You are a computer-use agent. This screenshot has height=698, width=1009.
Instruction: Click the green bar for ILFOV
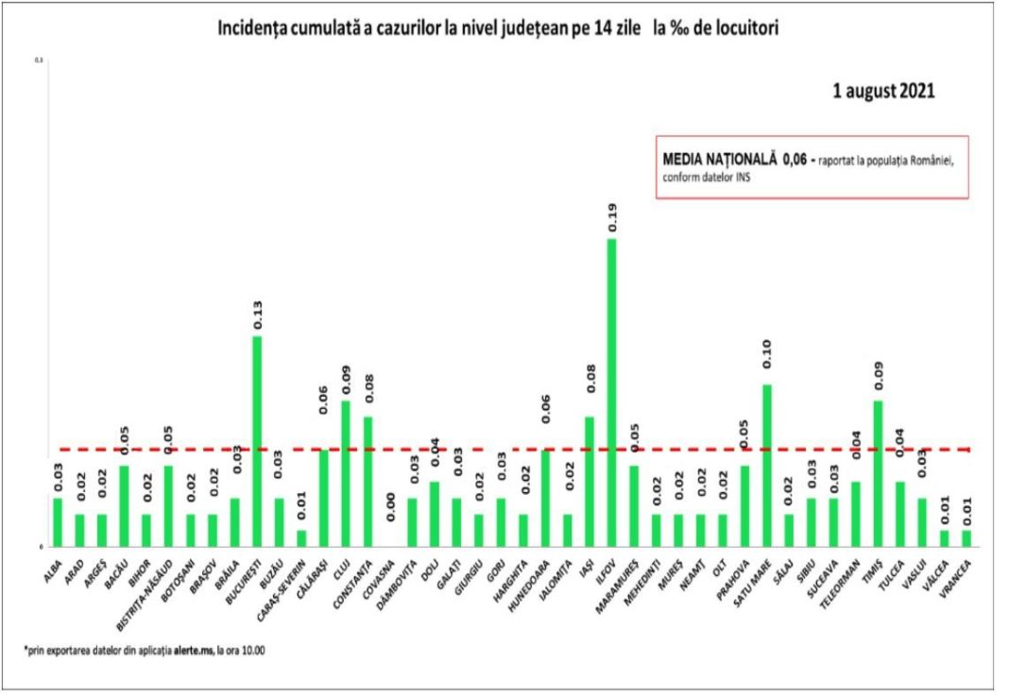click(x=612, y=392)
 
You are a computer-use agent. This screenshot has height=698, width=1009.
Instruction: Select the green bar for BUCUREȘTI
click(x=256, y=441)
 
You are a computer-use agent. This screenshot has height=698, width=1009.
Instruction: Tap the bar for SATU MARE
click(x=767, y=465)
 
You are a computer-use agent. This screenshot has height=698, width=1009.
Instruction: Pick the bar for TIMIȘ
click(x=878, y=473)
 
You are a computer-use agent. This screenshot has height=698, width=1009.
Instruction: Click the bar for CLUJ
click(x=346, y=473)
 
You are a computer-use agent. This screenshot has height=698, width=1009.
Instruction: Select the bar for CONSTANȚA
click(x=368, y=481)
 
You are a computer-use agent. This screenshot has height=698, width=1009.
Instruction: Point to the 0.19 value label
click(x=612, y=215)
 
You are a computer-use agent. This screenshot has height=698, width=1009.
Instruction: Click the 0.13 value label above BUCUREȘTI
click(x=256, y=314)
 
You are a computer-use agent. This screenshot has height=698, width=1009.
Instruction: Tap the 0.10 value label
click(x=767, y=362)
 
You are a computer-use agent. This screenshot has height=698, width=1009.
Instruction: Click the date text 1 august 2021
click(x=883, y=92)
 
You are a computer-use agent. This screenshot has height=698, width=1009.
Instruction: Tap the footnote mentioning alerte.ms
click(x=144, y=651)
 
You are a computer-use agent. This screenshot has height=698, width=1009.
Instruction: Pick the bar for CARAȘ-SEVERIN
click(x=301, y=537)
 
